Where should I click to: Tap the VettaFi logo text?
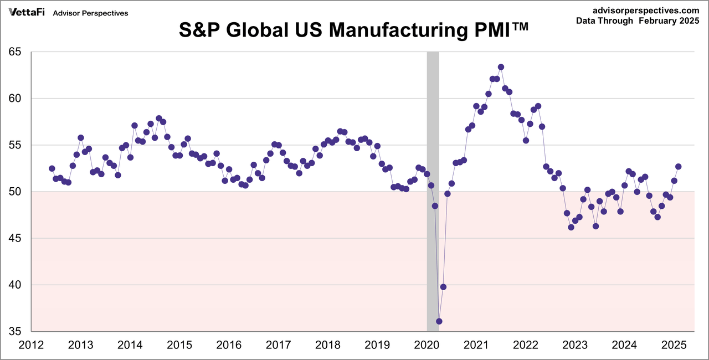26,12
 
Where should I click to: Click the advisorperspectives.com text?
645,10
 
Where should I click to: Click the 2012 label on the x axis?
31,345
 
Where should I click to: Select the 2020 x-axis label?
427,345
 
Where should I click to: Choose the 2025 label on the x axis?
674,345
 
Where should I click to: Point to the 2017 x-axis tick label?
278,345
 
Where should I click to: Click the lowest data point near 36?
439,321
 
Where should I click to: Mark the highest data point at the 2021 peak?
501,67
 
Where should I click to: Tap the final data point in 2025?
678,167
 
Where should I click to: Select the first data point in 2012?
52,168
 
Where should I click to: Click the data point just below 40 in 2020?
443,287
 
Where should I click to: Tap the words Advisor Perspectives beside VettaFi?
90,13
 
